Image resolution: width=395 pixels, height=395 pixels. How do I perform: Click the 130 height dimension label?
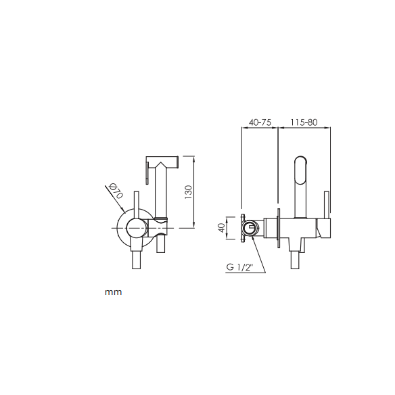[x=188, y=192]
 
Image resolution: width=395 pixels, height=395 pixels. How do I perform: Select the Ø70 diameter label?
[x=116, y=191]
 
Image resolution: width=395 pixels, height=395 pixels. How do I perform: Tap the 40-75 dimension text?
[x=260, y=122]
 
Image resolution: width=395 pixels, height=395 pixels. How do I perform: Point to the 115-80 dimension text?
[x=304, y=122]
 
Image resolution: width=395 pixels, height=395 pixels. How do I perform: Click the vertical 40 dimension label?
[x=221, y=228]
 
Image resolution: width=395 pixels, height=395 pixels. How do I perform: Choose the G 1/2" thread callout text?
[x=239, y=266]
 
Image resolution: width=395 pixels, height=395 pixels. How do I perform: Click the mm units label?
[x=114, y=292]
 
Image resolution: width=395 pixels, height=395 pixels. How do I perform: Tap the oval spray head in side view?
[x=301, y=170]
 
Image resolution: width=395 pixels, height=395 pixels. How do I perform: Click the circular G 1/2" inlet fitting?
[x=250, y=228]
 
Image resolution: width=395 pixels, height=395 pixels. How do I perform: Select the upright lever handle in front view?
[x=136, y=204]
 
